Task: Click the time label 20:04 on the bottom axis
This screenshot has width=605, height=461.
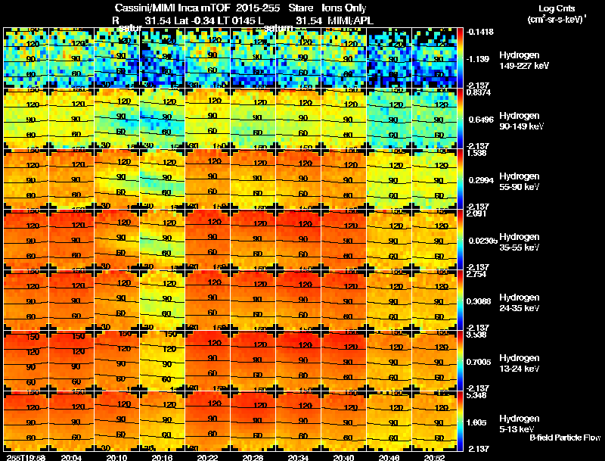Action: coord(72,456)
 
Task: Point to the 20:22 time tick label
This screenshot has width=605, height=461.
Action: coord(208,456)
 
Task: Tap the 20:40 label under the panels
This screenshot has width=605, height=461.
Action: coord(344,456)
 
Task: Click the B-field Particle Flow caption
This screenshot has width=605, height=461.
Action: coord(564,438)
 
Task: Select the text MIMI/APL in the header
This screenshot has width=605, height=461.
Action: coord(351,20)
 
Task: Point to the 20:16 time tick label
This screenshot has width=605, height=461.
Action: coord(163,456)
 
